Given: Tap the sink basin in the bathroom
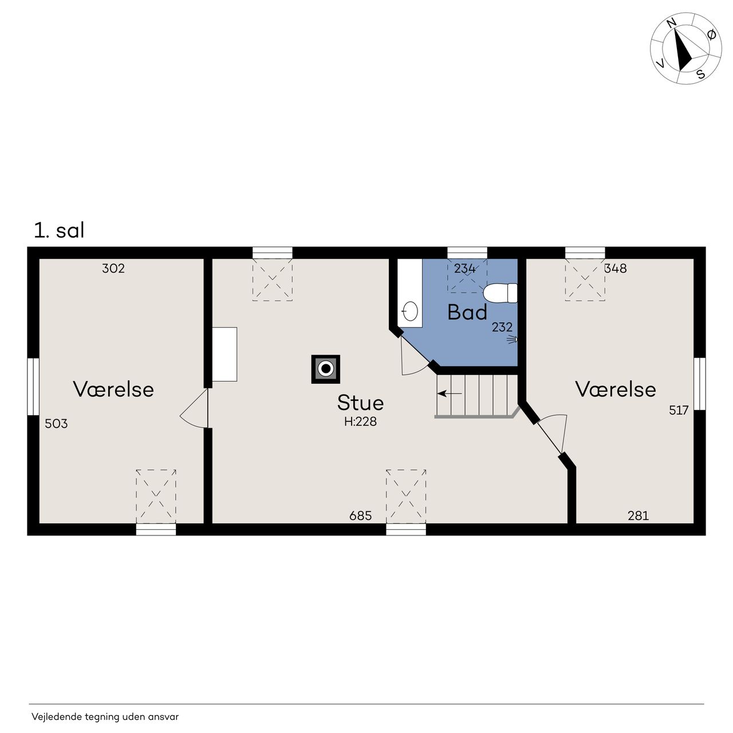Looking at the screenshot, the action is pos(410,311).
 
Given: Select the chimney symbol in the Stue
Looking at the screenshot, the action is pos(325,369).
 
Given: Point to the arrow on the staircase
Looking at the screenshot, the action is pos(449,393).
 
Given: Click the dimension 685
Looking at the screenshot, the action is pos(360,515).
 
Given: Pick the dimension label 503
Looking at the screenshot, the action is pos(56,423).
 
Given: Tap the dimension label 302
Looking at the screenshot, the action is pos(113,268).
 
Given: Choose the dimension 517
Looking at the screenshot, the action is pos(679,409).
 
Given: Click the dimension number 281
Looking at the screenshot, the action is pos(638,515).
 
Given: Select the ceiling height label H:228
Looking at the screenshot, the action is pos(360,421).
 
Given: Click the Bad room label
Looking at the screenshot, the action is pos(467,312).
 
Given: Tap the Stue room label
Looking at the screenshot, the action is pos(360,403).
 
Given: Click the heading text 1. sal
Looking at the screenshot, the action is pos(59,231).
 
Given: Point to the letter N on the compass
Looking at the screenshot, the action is pos(671,23).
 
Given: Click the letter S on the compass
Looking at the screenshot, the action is pos(700,73).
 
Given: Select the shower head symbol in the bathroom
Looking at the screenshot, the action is pos(512,340).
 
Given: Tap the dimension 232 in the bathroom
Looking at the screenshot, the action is pos(502,327).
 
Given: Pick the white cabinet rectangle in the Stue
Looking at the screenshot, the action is pos(224,354).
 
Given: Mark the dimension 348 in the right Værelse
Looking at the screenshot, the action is pos(615,268).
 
